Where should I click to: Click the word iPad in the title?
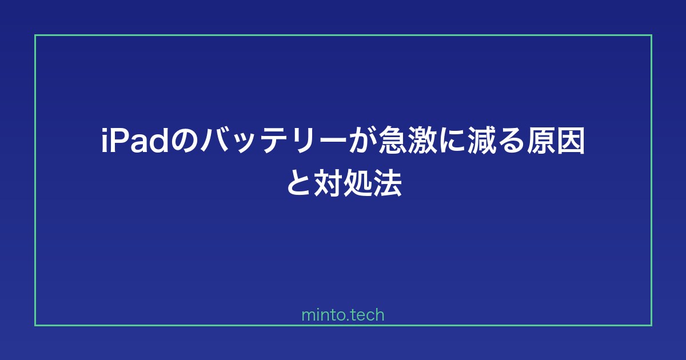pyautogui.click(x=135, y=140)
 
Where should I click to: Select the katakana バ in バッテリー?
pyautogui.click(x=215, y=140)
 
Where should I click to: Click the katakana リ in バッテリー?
pyautogui.click(x=302, y=141)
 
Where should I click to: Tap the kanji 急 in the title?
pyautogui.click(x=393, y=140)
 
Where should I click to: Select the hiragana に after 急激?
pyautogui.click(x=452, y=141)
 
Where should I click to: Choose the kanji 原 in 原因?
pyautogui.click(x=541, y=140)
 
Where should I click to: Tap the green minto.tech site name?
pyautogui.click(x=343, y=315)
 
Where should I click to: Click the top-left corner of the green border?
pyautogui.click(x=35, y=35)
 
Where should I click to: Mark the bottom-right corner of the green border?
pyautogui.click(x=651, y=325)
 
